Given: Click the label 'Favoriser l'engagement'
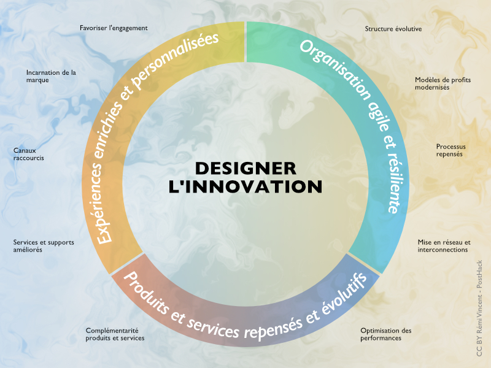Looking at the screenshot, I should pyautogui.click(x=114, y=28).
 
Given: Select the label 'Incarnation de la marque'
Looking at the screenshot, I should pyautogui.click(x=51, y=75).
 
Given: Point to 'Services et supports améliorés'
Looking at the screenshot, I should pyautogui.click(x=44, y=246).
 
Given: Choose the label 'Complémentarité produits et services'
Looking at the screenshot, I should pyautogui.click(x=115, y=334).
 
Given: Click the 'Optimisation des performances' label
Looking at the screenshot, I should pyautogui.click(x=385, y=334).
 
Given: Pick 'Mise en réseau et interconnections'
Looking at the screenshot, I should pyautogui.click(x=444, y=246).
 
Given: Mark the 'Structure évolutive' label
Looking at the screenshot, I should pyautogui.click(x=393, y=29).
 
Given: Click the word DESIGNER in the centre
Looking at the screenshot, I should pyautogui.click(x=245, y=168).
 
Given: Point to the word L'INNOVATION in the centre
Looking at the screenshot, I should pyautogui.click(x=245, y=186).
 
